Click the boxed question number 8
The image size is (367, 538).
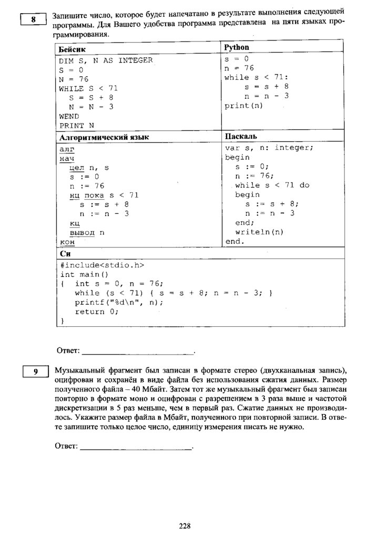[x=33, y=20]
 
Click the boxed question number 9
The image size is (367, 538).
[x=35, y=372]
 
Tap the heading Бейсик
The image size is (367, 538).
[x=72, y=48]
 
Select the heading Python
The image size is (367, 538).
[x=237, y=47]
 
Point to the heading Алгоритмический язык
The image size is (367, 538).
[x=104, y=137]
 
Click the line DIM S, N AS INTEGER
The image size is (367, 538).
[x=106, y=60]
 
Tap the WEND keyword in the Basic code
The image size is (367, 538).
[x=69, y=116]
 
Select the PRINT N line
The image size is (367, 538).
[x=77, y=126]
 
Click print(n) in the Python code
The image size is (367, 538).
[x=243, y=106]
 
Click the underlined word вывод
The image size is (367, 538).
[x=83, y=232]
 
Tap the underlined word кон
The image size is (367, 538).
[x=67, y=242]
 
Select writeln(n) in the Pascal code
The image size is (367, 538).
[x=259, y=232]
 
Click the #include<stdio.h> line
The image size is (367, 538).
[x=102, y=265]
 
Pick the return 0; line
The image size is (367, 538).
[x=97, y=311]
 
